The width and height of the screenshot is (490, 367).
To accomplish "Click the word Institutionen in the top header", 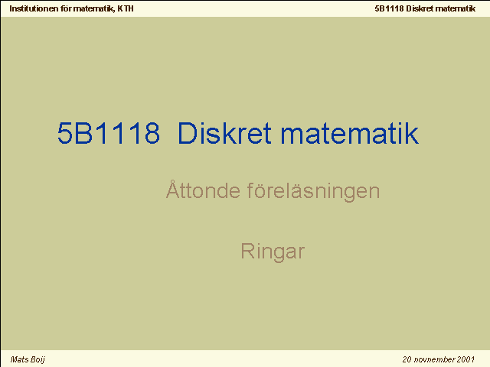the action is (34, 8).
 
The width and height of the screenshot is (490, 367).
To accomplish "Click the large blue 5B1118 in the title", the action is (109, 133).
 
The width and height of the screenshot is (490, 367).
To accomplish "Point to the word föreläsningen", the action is (313, 190).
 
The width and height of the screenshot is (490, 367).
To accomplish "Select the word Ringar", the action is (273, 252).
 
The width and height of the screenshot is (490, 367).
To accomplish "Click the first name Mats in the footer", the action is (20, 359).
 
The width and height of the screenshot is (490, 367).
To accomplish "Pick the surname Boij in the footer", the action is (38, 360).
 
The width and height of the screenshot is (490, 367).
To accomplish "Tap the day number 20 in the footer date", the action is (407, 359).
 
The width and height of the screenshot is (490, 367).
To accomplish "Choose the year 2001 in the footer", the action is (465, 359).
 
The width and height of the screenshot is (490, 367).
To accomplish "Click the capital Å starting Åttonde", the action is (173, 189).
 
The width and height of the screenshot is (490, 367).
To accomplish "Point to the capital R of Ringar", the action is (247, 251).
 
